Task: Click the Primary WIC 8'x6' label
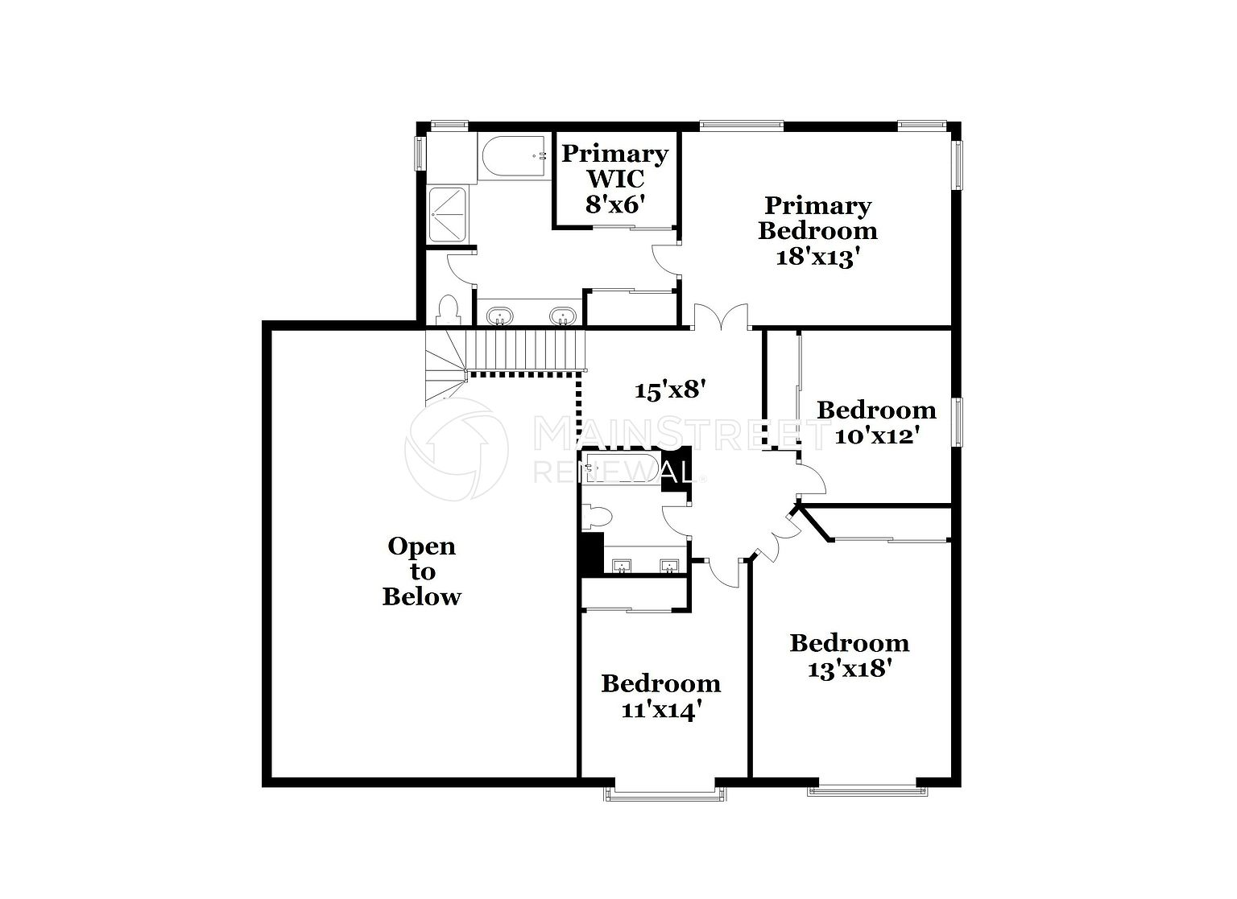pos(614,179)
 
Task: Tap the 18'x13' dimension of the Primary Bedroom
pos(818,258)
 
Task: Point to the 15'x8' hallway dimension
pos(670,390)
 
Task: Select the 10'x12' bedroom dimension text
pos(876,436)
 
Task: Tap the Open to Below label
pos(422,571)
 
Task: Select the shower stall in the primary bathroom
pos(448,214)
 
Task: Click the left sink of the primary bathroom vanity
pos(500,316)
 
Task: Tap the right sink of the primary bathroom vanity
pos(563,316)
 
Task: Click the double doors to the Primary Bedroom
pos(722,317)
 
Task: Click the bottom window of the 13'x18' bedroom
pos(867,791)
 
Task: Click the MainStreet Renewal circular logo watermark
pos(456,449)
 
